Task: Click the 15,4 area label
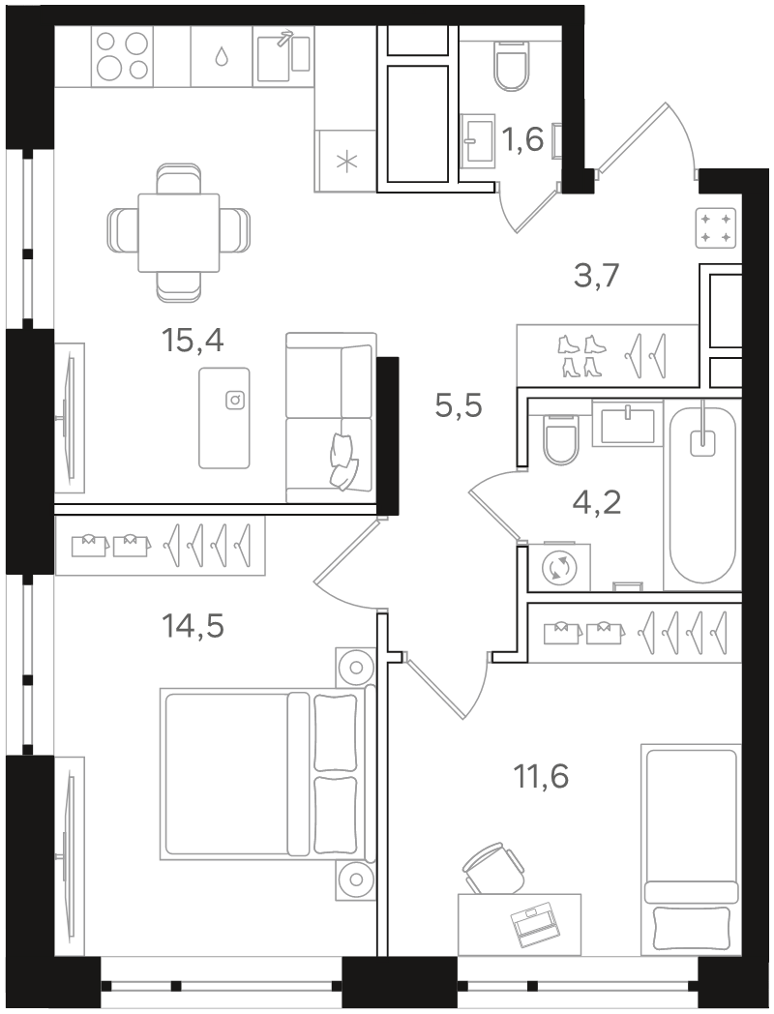(x=193, y=341)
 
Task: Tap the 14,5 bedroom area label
(x=193, y=626)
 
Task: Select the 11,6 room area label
(x=541, y=776)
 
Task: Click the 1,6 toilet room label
(x=522, y=139)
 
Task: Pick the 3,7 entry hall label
(x=597, y=276)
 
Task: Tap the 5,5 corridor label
(x=460, y=406)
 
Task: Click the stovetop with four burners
(x=123, y=55)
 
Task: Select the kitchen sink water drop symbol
(x=222, y=57)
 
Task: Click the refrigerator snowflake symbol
(x=348, y=161)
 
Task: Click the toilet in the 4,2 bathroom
(x=560, y=439)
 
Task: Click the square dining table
(x=178, y=232)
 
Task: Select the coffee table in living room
(x=224, y=418)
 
